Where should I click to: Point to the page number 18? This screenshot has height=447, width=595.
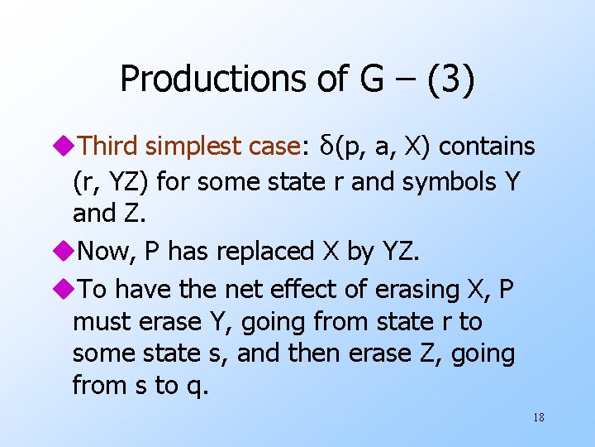[538, 417]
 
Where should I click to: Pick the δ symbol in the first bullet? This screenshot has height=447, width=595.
[325, 146]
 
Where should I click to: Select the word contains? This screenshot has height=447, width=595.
[487, 147]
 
